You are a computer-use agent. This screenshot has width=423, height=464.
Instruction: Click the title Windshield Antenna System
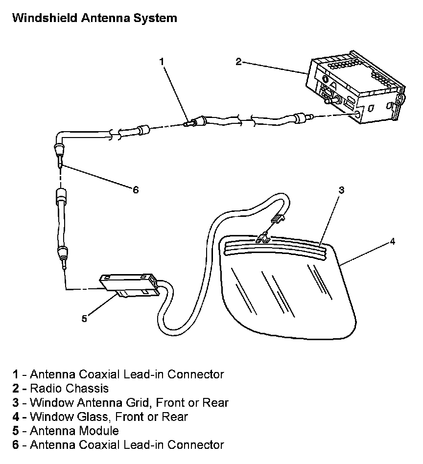94,19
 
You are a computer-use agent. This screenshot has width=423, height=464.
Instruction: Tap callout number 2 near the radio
238,61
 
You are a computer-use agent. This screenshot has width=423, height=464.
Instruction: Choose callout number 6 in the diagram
136,190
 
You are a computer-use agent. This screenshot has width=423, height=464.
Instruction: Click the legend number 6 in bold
16,445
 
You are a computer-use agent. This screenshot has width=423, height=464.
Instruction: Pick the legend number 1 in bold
16,374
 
